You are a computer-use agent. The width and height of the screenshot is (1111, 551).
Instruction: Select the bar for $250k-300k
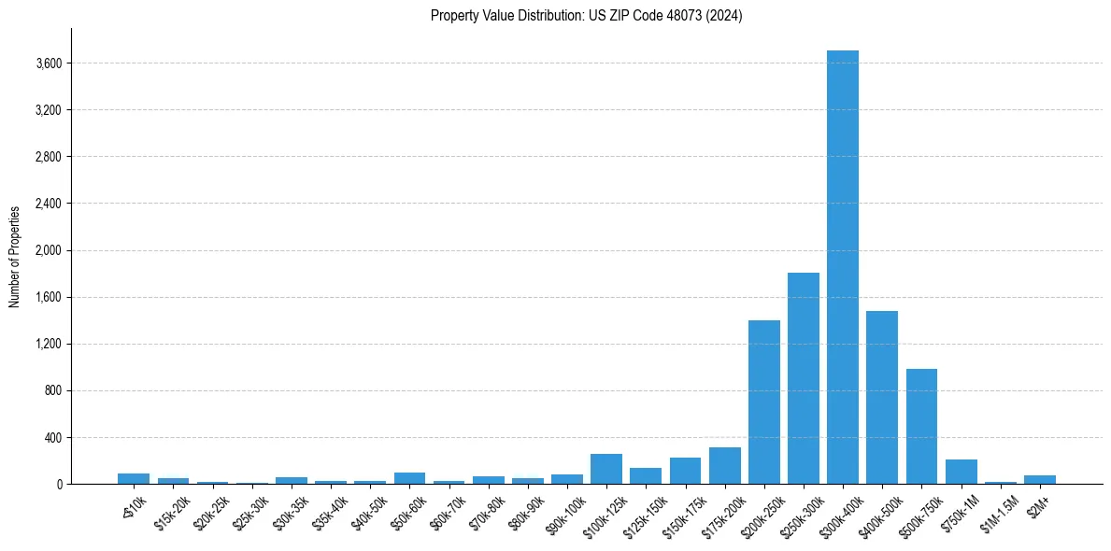pos(804,378)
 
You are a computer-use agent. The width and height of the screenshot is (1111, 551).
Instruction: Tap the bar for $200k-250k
pos(763,402)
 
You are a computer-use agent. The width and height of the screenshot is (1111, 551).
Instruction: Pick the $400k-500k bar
pos(882,397)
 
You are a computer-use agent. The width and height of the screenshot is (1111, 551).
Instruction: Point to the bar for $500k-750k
pos(921,426)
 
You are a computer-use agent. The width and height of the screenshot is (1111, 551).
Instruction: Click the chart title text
pos(587,16)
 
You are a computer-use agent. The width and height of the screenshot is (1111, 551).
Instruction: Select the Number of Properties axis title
pos(15,256)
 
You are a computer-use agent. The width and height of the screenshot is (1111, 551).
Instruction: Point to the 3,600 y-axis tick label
pos(49,64)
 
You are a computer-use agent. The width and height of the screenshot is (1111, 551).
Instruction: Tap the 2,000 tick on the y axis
pos(49,250)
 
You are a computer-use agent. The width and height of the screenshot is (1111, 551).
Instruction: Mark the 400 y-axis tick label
pos(52,437)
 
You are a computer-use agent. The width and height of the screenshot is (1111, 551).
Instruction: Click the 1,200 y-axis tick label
pos(49,344)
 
